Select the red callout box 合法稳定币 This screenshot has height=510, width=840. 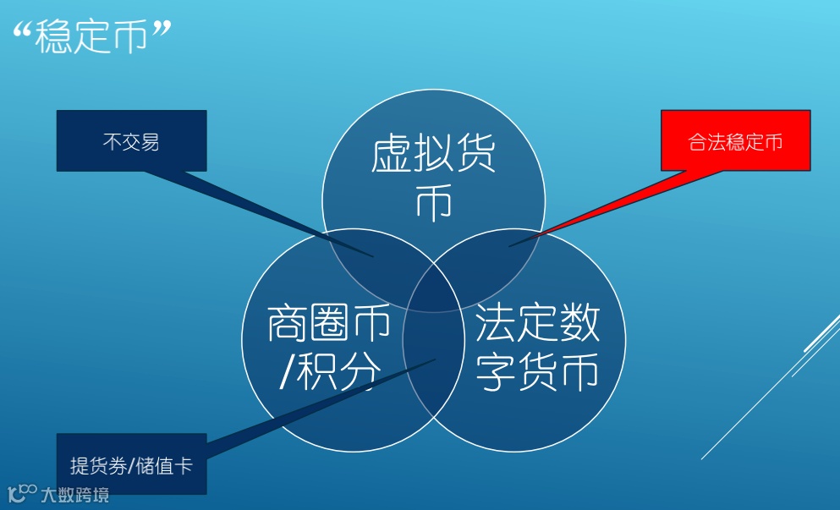(x=735, y=140)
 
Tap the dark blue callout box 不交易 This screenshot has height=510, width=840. (x=131, y=140)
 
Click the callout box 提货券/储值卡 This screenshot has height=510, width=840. (x=131, y=464)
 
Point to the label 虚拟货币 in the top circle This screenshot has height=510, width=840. (x=433, y=178)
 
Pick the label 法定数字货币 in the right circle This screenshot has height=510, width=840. (x=538, y=347)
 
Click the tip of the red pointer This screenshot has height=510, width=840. (x=510, y=246)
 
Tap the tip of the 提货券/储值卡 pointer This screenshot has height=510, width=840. (x=436, y=359)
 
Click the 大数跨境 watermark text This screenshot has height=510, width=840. (x=75, y=494)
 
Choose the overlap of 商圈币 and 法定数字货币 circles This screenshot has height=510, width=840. (x=433, y=364)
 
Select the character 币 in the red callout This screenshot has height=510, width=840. (x=773, y=141)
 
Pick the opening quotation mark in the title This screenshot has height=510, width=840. (x=25, y=31)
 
